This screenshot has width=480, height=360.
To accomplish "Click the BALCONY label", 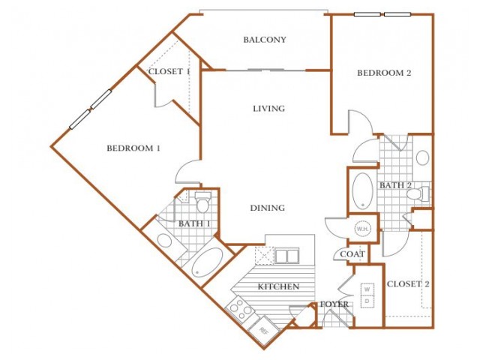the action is point(265,40).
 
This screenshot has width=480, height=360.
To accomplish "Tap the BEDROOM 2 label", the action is point(384,73).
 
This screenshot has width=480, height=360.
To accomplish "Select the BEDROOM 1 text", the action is point(133,148).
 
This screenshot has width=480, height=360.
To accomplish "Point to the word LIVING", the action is point(268,109).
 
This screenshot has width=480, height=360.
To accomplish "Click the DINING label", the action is point(268,208).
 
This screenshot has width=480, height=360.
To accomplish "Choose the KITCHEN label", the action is point(278,286).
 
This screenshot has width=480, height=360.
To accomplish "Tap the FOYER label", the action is point(334,304).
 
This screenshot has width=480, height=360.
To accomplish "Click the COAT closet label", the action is point(352,254).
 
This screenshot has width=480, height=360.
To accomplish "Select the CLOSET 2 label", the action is point(408,284).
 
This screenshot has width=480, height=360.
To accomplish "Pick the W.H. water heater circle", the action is point(363,229).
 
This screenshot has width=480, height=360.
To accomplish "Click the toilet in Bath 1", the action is point(202,202).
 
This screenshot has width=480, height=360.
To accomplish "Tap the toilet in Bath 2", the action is point(418,193).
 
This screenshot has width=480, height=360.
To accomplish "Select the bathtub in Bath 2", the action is point(362,191).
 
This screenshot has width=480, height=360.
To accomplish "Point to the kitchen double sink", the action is point(286,256).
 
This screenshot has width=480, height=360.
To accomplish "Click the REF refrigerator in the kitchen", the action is point(264,330).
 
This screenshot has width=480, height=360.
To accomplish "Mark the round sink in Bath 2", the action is point(423,158).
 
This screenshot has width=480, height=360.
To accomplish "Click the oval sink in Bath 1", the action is point(165,241).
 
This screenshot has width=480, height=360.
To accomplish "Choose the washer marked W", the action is point(367,289).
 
